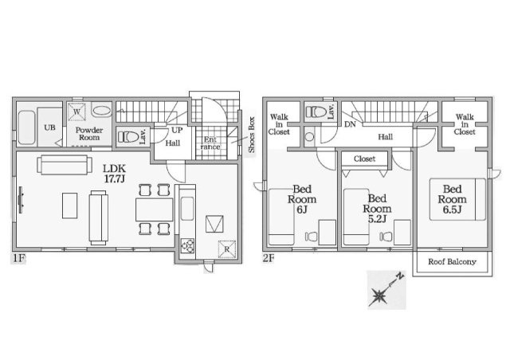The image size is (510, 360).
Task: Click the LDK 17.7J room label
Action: point(114,174)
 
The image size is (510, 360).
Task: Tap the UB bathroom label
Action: point(49,127)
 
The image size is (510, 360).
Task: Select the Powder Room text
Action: point(89,134)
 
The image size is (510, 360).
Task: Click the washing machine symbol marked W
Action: point(76,112)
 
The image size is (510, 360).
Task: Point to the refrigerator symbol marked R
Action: point(226,249)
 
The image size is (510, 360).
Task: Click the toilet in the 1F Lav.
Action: point(128,136)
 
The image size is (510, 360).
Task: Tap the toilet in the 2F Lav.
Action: point(316,112)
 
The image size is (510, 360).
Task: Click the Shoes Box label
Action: point(252,135)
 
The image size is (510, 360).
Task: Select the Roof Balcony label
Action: point(452,261)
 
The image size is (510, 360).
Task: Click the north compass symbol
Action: point(386,290)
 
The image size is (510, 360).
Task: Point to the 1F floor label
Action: point(18,259)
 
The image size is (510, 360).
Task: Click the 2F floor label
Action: point(269,258)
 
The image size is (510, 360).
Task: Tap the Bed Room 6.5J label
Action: point(452,199)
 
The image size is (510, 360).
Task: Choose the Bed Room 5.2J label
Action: point(377,209)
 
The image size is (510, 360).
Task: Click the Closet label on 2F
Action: point(364,158)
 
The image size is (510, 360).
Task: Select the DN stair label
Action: point(350,124)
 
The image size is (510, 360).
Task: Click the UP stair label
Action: point(177,130)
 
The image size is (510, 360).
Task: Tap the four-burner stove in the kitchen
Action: point(188,245)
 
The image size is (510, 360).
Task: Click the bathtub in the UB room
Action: point(26,127)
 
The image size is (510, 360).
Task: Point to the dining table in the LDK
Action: point(154,209)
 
